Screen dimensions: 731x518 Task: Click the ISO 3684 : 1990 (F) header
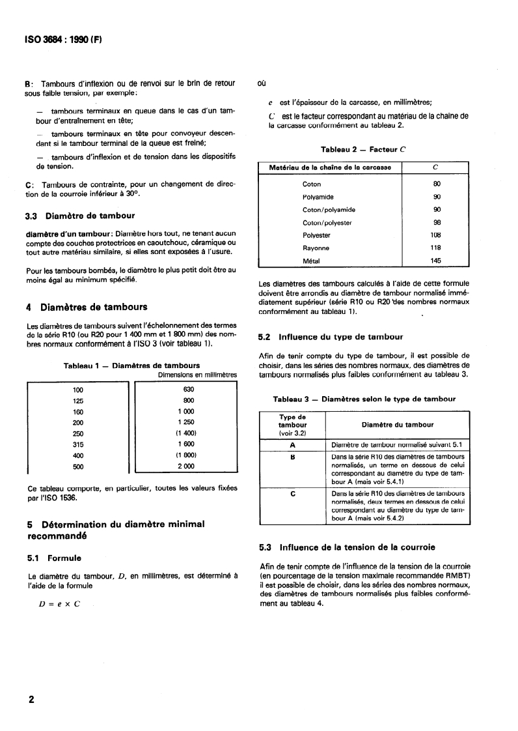66,40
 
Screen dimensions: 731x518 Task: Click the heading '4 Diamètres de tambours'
87,307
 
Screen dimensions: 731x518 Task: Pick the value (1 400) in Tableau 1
185,433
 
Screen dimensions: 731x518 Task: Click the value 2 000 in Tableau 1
185,466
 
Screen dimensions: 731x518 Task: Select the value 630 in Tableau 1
189,389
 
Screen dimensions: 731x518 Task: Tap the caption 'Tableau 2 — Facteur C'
362,149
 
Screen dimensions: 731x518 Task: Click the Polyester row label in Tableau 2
317,235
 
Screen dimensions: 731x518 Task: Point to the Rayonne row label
316,248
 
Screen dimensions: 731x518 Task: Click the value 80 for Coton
436,184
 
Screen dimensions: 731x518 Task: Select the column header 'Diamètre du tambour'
397,425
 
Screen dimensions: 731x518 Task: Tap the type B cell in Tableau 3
292,457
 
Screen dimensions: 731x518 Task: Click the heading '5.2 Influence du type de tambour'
331,337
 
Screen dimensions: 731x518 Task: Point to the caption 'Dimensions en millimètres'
197,375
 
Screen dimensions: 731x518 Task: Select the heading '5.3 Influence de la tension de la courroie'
348,547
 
